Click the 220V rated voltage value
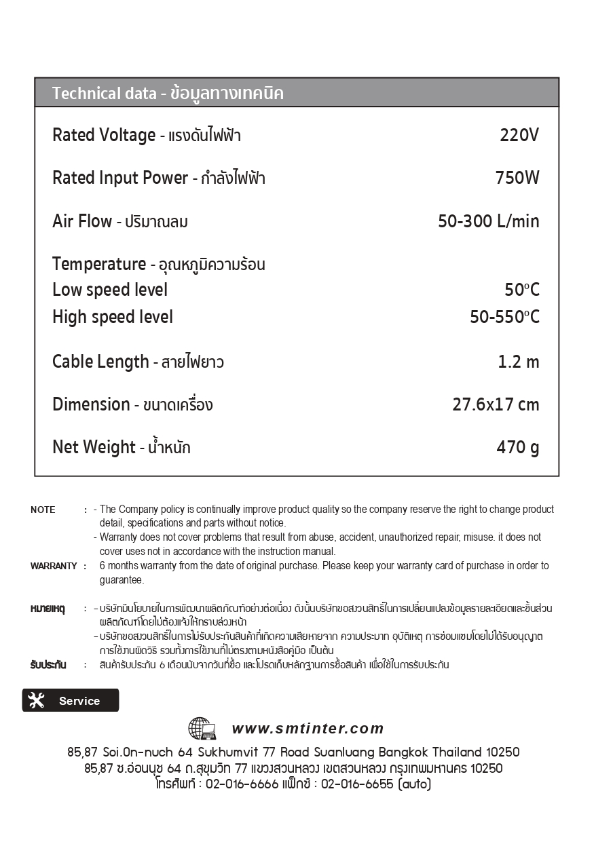tap(519, 136)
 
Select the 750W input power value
tap(517, 178)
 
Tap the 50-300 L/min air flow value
tap(488, 221)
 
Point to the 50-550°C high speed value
tap(504, 317)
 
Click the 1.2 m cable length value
tap(519, 362)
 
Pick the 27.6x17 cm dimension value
tap(496, 405)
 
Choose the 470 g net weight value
tap(517, 448)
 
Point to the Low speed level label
tap(110, 290)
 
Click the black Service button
tap(71, 701)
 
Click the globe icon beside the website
tap(202, 729)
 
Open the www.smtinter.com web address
tap(308, 729)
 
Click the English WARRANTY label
tap(54, 566)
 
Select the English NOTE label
tap(43, 510)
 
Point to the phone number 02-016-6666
tap(242, 784)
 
